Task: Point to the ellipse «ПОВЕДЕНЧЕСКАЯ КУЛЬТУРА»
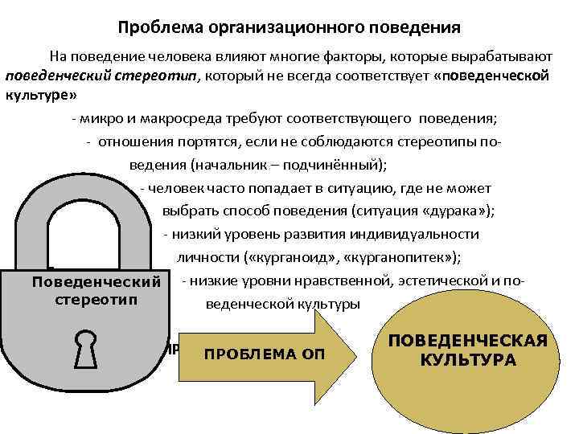[468, 350]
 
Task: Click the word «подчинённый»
[337, 166]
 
